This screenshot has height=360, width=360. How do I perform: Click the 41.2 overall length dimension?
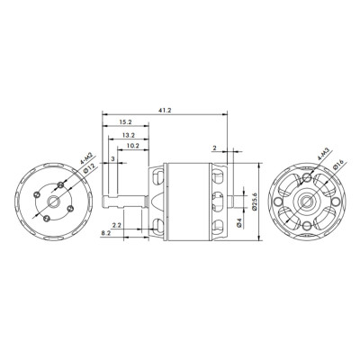click(x=164, y=109)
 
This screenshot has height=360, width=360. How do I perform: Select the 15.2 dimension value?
click(x=126, y=121)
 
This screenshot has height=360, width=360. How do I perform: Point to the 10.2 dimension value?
click(x=132, y=145)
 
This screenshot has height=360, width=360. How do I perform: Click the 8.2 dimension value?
click(x=106, y=233)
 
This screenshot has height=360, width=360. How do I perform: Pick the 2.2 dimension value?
click(x=117, y=223)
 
